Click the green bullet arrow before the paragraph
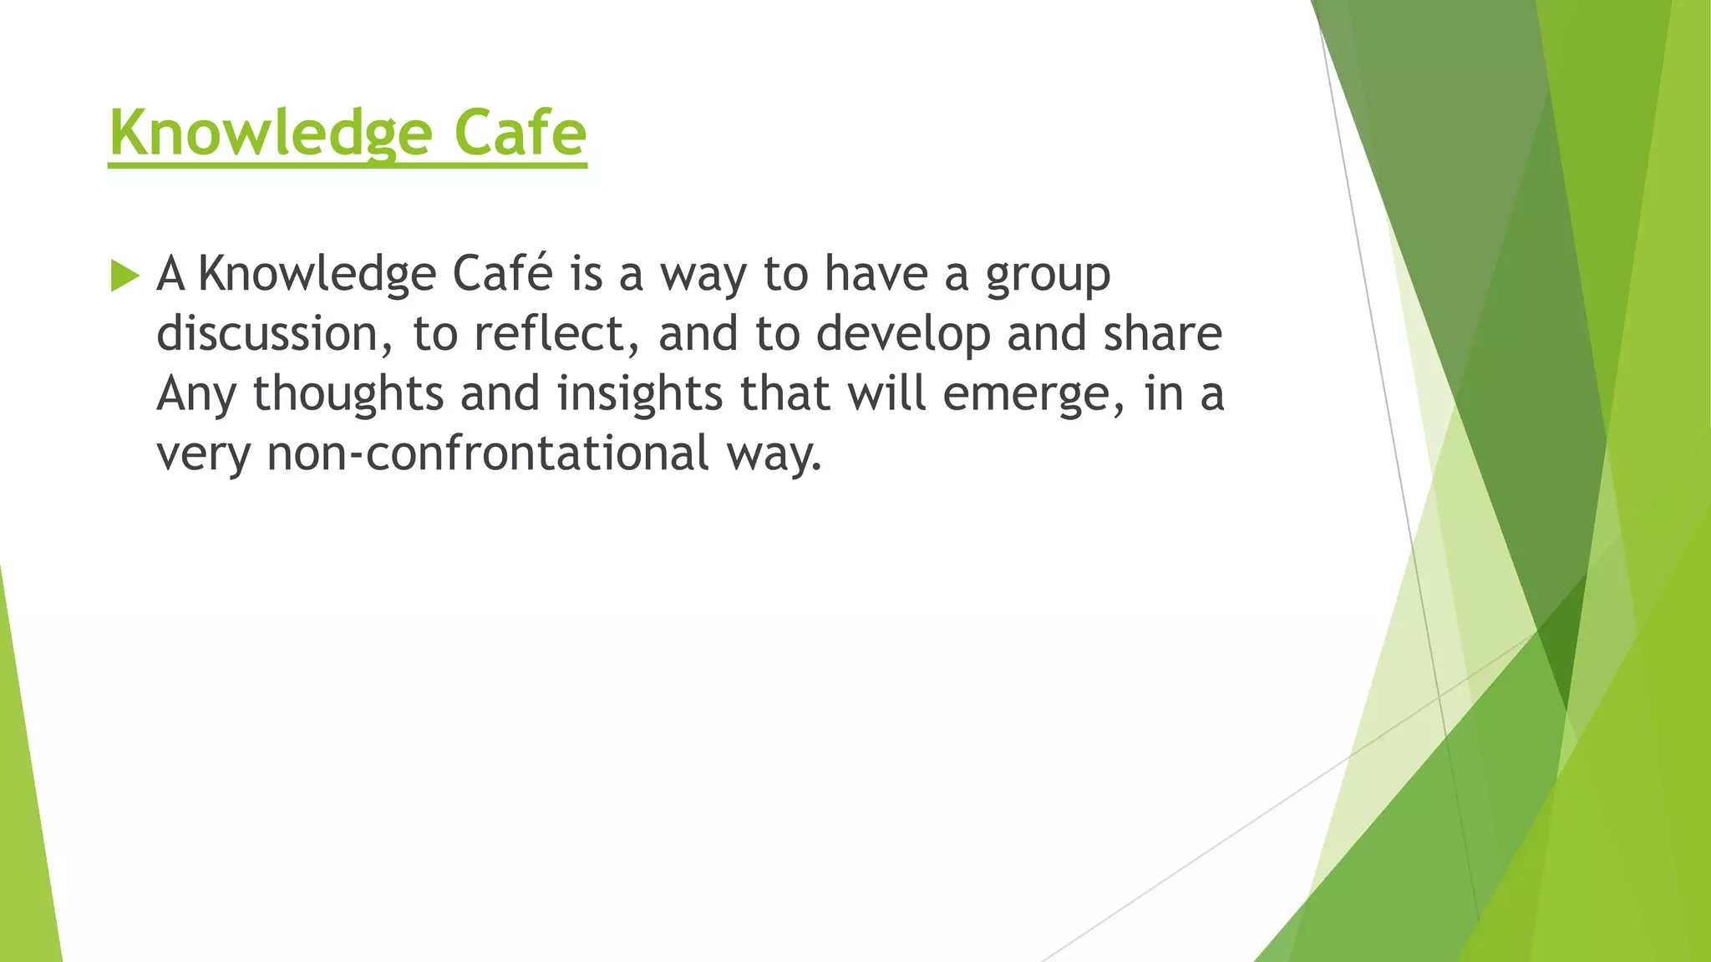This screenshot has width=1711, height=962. pyautogui.click(x=124, y=276)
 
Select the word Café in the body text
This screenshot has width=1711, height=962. pyautogui.click(x=502, y=274)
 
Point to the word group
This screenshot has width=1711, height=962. pyautogui.click(x=1048, y=276)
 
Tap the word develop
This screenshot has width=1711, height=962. pyautogui.click(x=902, y=336)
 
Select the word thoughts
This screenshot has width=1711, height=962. pyautogui.click(x=348, y=394)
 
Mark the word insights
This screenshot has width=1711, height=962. pyautogui.click(x=639, y=394)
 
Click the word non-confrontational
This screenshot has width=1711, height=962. pyautogui.click(x=488, y=453)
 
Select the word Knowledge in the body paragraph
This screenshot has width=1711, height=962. pyautogui.click(x=317, y=276)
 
